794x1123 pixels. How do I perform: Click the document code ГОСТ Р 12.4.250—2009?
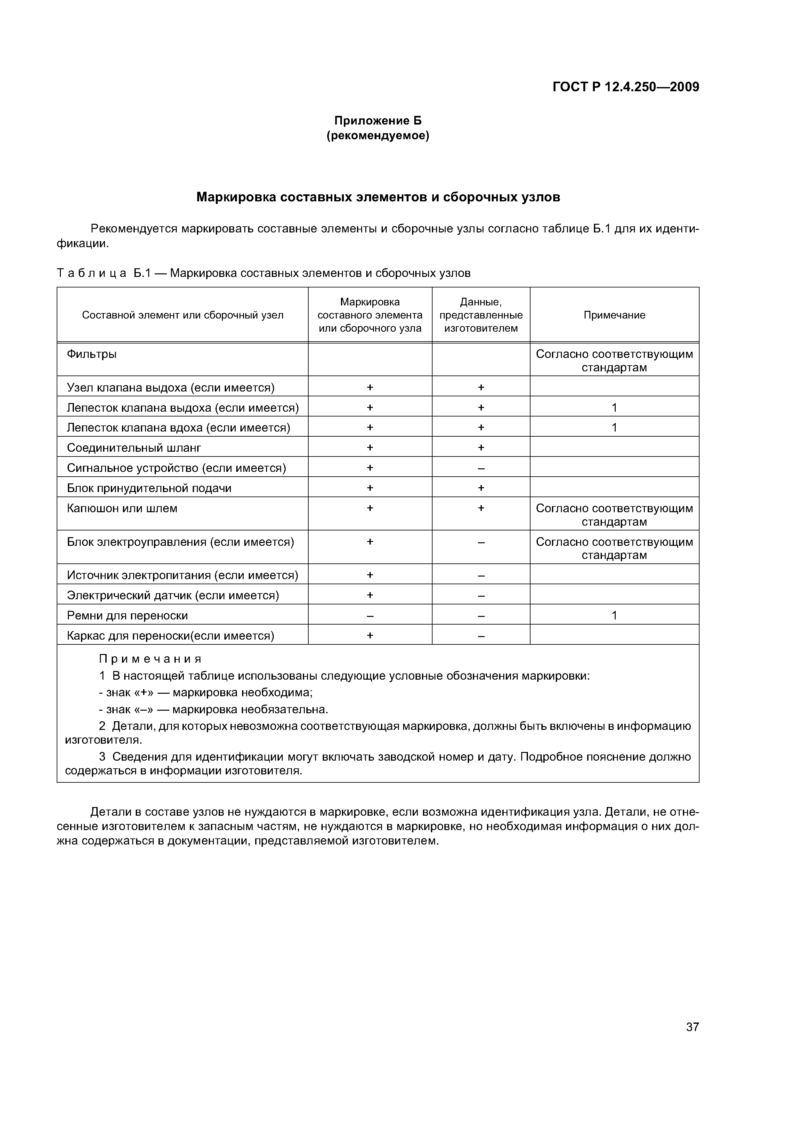625,87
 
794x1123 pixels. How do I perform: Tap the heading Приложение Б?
378,120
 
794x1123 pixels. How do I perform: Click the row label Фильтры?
92,354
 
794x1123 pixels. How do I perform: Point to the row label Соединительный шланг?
134,448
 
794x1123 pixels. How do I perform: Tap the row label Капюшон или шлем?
122,508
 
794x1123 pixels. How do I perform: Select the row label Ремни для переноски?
127,615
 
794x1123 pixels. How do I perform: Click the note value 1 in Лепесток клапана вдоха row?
614,427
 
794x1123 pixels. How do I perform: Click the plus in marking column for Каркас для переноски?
370,635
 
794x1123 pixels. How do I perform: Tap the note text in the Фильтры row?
614,360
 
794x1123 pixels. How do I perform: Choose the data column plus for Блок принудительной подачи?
481,488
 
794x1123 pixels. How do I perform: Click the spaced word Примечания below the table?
150,659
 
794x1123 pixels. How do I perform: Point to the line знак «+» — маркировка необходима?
206,692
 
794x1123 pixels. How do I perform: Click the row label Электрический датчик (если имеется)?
173,595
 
